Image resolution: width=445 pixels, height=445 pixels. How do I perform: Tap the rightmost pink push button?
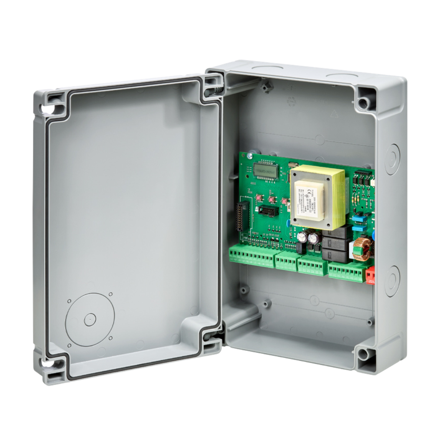[285, 201]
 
